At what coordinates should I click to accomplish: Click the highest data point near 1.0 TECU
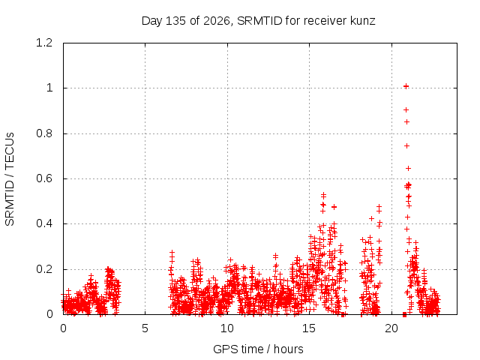[406, 86]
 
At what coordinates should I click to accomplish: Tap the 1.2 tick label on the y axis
[44, 43]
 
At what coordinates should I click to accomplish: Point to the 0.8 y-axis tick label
[44, 133]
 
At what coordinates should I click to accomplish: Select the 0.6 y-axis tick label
[44, 178]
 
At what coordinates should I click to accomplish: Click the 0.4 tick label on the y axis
[44, 223]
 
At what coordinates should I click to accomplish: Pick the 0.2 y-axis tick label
[44, 269]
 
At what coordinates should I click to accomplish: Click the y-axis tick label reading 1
[49, 88]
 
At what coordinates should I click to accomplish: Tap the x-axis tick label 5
[145, 328]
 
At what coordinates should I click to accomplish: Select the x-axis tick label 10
[226, 328]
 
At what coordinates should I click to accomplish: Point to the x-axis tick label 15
[309, 328]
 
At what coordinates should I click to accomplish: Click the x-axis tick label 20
[391, 328]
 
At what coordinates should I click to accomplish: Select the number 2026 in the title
[217, 21]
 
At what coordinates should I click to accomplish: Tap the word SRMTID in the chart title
[259, 21]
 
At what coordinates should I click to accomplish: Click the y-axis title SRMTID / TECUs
[10, 179]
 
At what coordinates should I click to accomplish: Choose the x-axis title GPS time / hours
[258, 349]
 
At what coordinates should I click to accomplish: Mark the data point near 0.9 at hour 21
[406, 110]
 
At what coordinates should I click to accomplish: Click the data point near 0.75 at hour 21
[406, 146]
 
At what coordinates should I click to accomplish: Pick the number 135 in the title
[175, 21]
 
